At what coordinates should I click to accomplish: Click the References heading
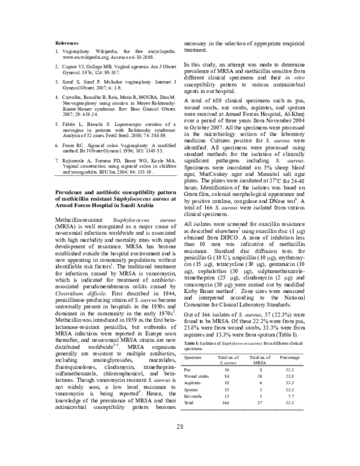coord(67,44)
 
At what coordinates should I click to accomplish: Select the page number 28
coord(179,426)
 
